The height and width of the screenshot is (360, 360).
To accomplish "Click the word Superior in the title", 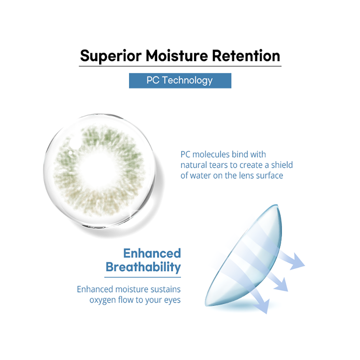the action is [x=111, y=56].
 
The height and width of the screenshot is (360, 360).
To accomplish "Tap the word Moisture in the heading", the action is [x=176, y=56].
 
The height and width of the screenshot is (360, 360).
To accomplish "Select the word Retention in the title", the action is [x=246, y=56].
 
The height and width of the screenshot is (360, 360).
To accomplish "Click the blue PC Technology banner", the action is [x=180, y=81].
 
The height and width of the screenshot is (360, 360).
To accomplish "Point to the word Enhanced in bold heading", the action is [x=152, y=253].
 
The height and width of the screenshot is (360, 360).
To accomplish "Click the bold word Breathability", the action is [x=143, y=267].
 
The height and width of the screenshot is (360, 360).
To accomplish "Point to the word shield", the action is [x=282, y=165].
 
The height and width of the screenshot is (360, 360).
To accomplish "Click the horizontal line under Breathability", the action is [x=143, y=277].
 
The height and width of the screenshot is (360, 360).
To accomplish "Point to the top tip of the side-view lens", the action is [x=277, y=205].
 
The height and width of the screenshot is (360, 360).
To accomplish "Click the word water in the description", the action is [x=200, y=176].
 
